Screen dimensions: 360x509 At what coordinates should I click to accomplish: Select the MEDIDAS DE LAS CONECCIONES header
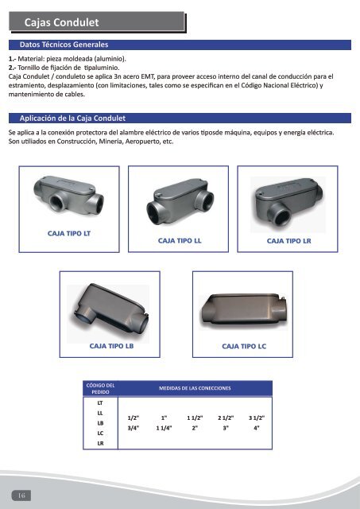point(195,388)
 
